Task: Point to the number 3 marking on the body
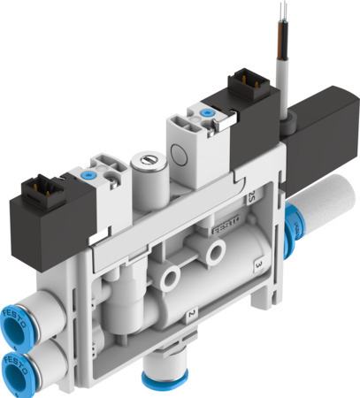click(x=257, y=264)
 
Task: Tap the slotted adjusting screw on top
click(x=144, y=163)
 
